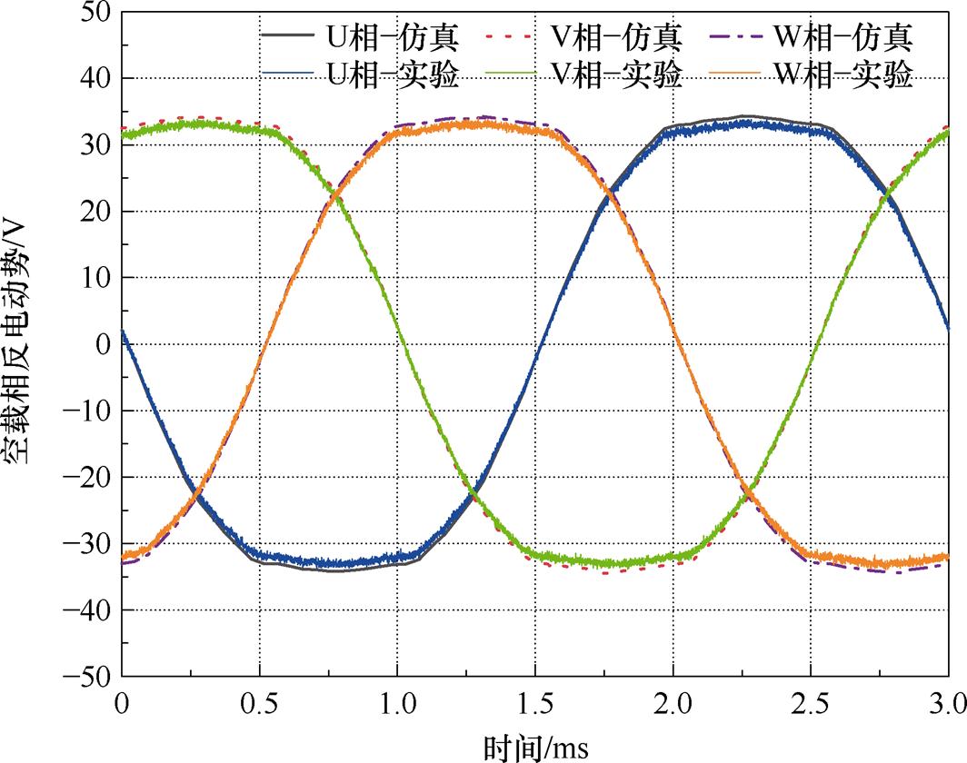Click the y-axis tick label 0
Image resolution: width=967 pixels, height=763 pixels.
coord(101,344)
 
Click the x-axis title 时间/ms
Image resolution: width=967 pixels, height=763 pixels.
coord(534,747)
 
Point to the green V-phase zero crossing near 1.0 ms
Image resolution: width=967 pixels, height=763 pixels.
coord(401,344)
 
